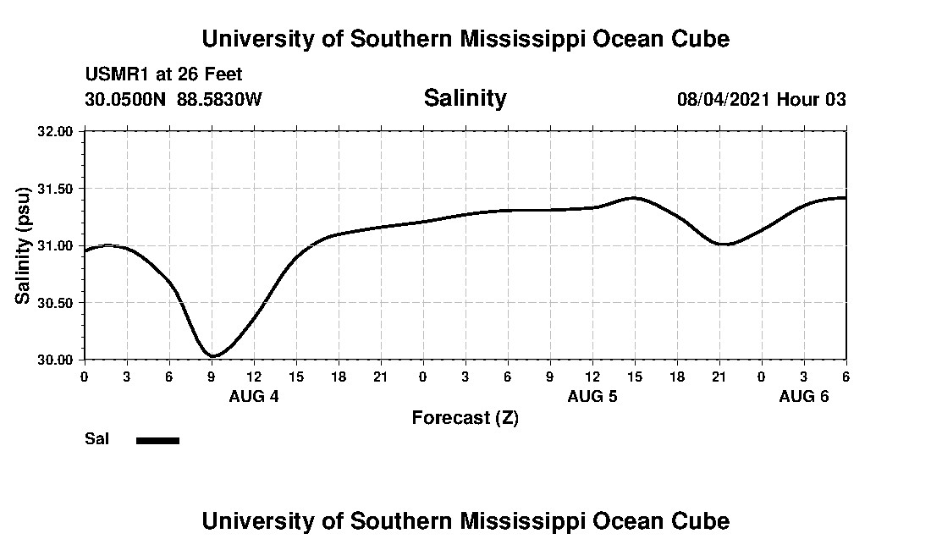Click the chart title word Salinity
(x=465, y=98)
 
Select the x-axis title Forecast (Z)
(x=465, y=417)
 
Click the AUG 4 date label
(x=254, y=396)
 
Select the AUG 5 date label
(x=592, y=396)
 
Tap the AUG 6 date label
(x=804, y=396)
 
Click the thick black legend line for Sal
(x=158, y=440)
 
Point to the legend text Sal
(x=96, y=439)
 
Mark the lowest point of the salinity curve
(x=213, y=356)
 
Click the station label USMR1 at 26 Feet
(x=163, y=75)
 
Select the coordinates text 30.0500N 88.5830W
(x=174, y=99)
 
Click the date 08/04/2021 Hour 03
(x=761, y=99)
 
